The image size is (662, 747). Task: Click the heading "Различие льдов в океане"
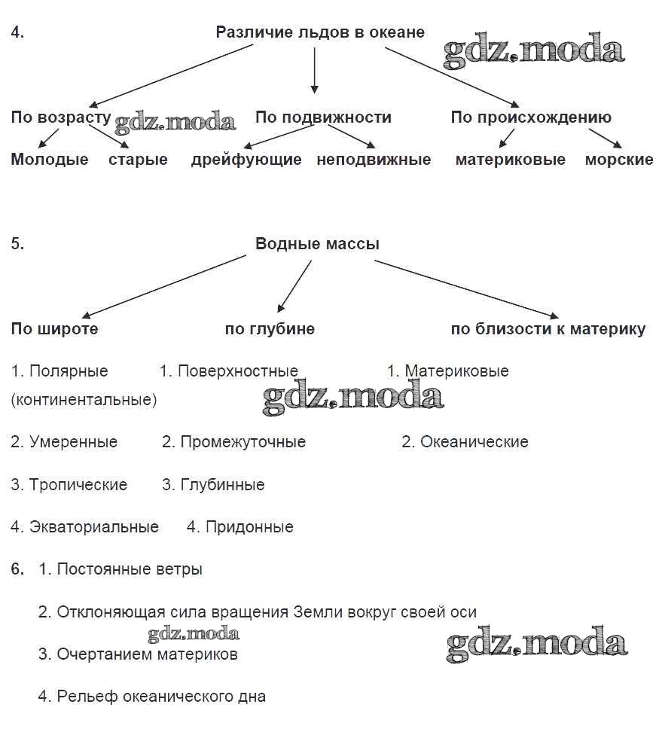click(x=320, y=32)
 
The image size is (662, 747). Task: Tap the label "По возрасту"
click(x=60, y=117)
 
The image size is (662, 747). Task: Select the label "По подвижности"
click(x=323, y=117)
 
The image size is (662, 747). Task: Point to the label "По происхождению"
click(x=531, y=117)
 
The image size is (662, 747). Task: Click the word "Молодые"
click(x=50, y=160)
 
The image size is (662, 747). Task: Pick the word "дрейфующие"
click(x=246, y=160)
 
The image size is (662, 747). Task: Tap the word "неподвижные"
click(x=374, y=160)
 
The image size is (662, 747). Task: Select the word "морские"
click(x=619, y=160)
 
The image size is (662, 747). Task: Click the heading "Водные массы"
click(x=317, y=244)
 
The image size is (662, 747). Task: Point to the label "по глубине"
click(x=270, y=329)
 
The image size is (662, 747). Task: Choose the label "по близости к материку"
click(x=548, y=329)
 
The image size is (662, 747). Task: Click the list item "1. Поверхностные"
click(x=229, y=371)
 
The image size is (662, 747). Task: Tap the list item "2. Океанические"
click(x=465, y=442)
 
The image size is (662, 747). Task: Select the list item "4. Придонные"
click(x=239, y=527)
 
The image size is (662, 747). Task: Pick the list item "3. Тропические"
click(x=69, y=485)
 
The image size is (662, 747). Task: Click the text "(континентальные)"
click(x=84, y=400)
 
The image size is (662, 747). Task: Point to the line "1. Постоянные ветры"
click(x=121, y=569)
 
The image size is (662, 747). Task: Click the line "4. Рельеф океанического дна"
click(x=152, y=697)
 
